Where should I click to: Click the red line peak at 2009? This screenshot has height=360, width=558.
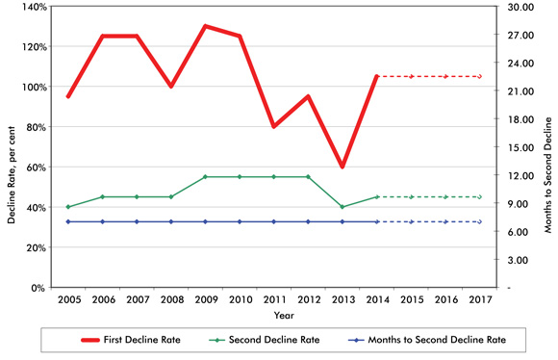tap(206, 26)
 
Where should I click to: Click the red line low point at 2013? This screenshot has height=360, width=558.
tap(342, 167)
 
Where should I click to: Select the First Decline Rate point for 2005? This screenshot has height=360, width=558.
tap(67, 96)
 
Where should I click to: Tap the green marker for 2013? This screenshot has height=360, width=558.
tap(342, 207)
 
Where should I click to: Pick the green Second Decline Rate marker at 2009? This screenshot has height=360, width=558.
tap(206, 177)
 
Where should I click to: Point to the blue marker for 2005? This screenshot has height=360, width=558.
tap(67, 221)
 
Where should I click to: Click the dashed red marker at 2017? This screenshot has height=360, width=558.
tap(480, 76)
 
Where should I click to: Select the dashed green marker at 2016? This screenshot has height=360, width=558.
tap(445, 196)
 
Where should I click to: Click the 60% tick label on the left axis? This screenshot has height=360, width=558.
tap(36, 167)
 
